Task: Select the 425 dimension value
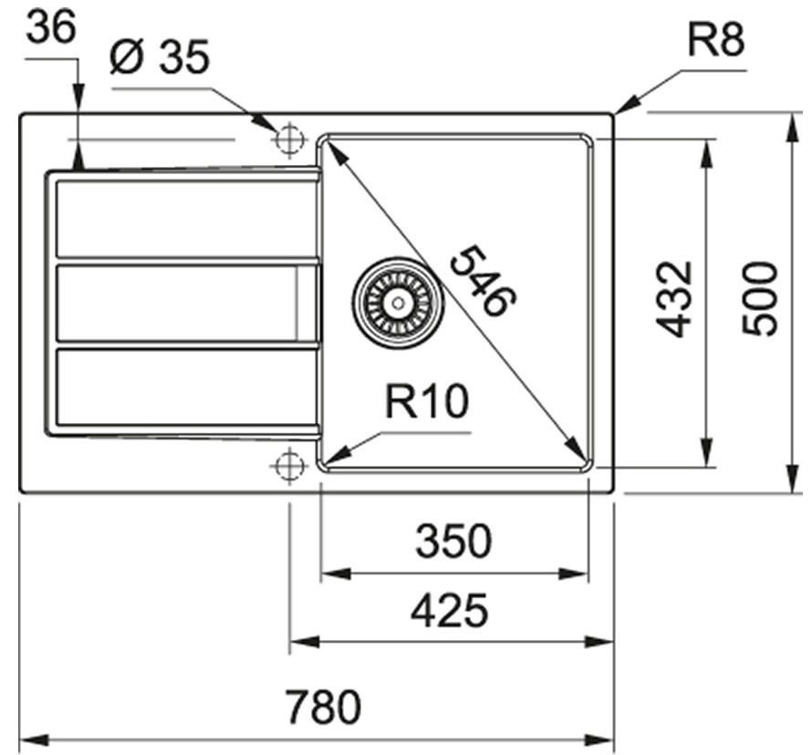[x=449, y=611]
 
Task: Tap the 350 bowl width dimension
[x=453, y=543]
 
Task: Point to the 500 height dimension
[x=759, y=298]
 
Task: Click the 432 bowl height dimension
[x=677, y=298]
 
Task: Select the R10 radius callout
[x=425, y=402]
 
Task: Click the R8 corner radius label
[x=716, y=41]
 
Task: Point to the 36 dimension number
[x=52, y=27]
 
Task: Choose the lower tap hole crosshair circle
[x=288, y=465]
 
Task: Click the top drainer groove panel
[x=186, y=220]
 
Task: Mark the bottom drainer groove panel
[x=186, y=388]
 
